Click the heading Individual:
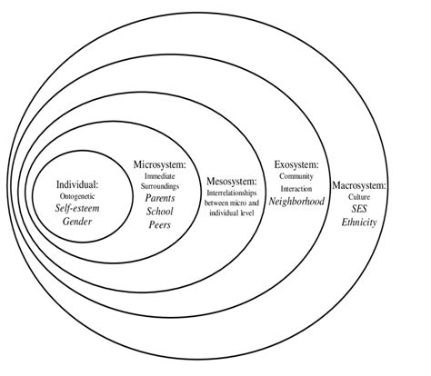(77, 183)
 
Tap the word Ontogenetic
(77, 195)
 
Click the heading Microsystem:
(159, 164)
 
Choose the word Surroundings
(160, 185)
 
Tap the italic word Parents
(160, 197)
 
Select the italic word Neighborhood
(296, 200)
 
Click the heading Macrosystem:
(359, 184)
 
